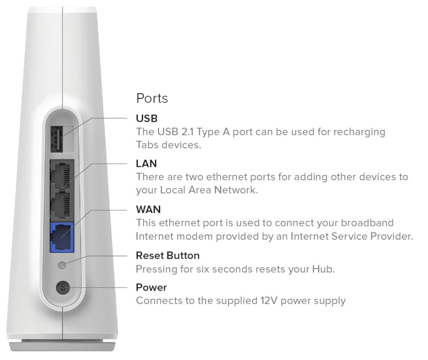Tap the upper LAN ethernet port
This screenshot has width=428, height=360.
(62, 175)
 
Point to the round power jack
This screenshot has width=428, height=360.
(63, 288)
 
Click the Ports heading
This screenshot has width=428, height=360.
(152, 98)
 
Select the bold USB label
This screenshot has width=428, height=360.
(147, 118)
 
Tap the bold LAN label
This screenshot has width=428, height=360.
(146, 164)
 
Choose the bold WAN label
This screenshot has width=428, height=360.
(148, 210)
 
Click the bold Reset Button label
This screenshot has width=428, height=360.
(168, 256)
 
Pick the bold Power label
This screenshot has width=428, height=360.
(152, 287)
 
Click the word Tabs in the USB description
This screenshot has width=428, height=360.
(147, 145)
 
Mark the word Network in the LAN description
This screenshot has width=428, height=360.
(236, 190)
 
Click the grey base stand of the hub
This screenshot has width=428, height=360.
(62, 346)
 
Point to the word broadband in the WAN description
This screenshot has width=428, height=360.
(367, 223)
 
